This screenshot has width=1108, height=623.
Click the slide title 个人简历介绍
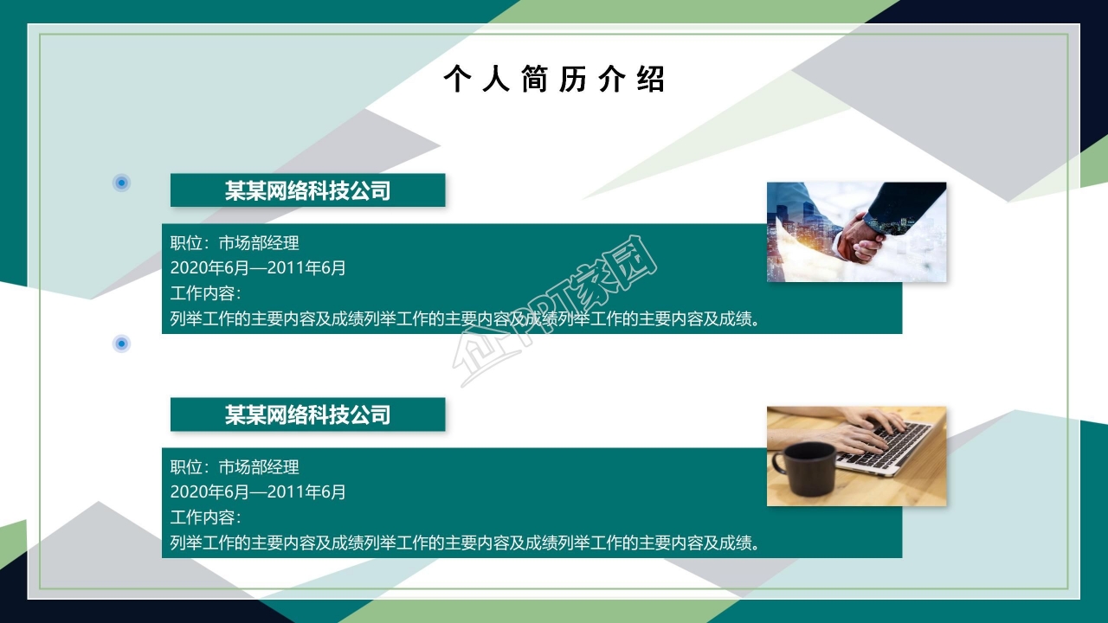[554, 80]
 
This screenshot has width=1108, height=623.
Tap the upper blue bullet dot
[121, 183]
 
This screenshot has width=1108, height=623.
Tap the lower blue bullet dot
[121, 344]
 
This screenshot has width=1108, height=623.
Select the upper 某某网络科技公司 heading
[307, 190]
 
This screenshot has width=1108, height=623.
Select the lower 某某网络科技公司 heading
[307, 414]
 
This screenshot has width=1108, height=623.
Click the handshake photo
[856, 231]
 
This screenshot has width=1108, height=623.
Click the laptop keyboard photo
[856, 456]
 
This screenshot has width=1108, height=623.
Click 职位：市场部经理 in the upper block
[235, 244]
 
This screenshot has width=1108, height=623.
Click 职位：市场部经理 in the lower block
[235, 467]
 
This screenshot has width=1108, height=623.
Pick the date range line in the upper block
[258, 268]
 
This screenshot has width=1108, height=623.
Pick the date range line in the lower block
[258, 492]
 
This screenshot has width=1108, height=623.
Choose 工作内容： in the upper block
[205, 293]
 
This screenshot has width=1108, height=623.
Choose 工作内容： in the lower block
[205, 517]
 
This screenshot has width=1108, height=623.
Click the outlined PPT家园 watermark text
[554, 311]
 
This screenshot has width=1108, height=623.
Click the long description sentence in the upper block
[465, 319]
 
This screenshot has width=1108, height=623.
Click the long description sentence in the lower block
[465, 543]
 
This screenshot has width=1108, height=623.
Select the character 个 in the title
[456, 80]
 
